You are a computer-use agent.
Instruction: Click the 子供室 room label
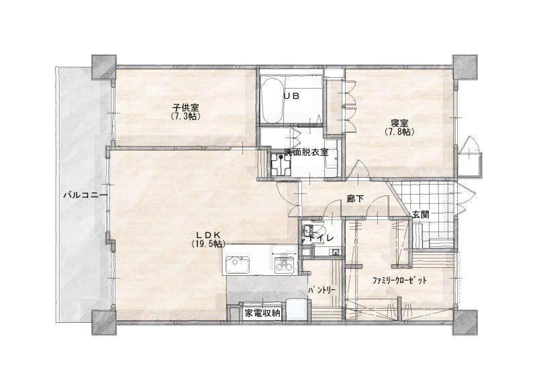[x=185, y=108]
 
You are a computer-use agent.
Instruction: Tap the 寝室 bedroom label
[x=399, y=123]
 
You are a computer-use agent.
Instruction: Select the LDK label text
[x=207, y=235]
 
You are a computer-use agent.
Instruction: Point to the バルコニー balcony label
[x=86, y=195]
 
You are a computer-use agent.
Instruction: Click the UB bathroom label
[x=291, y=96]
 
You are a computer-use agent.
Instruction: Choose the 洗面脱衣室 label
[x=306, y=152]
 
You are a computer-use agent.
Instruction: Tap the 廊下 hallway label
[x=355, y=199]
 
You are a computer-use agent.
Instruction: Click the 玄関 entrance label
[x=420, y=215]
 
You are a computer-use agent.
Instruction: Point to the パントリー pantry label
[x=322, y=290]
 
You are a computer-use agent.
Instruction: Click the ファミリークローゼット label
[x=399, y=281]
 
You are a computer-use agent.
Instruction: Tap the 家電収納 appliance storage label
[x=262, y=313]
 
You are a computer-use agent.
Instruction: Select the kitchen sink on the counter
[x=236, y=264]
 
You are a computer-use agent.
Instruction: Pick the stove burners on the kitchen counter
[x=284, y=265]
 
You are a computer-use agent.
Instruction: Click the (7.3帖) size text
[x=185, y=116]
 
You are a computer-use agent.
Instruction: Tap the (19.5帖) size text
[x=208, y=244]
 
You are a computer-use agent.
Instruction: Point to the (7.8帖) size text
[x=399, y=132]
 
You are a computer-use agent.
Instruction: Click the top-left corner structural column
[x=104, y=67]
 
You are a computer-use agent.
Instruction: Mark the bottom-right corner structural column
[x=465, y=322]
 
